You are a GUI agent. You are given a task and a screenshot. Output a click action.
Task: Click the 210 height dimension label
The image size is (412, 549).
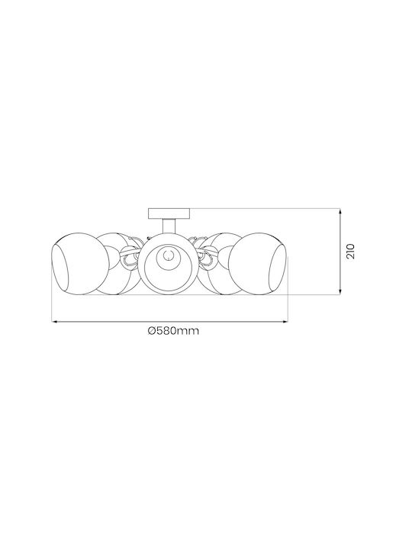pyautogui.click(x=351, y=252)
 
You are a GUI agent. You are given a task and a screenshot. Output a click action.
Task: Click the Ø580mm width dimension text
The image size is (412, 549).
pyautogui.click(x=173, y=331)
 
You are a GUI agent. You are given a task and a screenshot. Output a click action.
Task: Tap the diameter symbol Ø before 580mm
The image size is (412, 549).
pyautogui.click(x=151, y=331)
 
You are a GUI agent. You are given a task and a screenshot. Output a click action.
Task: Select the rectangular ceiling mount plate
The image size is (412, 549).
pyautogui.click(x=169, y=213)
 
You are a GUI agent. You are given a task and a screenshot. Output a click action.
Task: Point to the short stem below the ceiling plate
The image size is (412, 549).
pyautogui.click(x=169, y=226)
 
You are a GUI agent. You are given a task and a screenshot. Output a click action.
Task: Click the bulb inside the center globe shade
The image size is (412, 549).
pyautogui.click(x=169, y=255)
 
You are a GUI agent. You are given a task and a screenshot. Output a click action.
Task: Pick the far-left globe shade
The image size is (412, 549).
pyautogui.click(x=81, y=264)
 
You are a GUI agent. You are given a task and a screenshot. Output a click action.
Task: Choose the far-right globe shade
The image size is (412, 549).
pyautogui.click(x=258, y=264)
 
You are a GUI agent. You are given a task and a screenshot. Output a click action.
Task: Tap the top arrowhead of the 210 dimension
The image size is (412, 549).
pyautogui.click(x=340, y=210)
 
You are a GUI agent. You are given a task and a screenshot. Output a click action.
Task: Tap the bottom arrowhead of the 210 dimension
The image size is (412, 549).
pyautogui.click(x=340, y=292)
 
